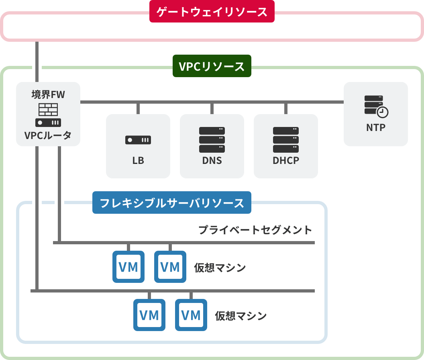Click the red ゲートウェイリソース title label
(212, 12)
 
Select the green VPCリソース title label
(212, 66)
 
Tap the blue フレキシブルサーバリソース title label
(171, 203)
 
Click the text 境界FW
(48, 94)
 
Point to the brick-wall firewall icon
(48, 109)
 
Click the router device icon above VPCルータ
(48, 123)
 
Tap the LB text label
(138, 161)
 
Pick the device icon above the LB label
(138, 140)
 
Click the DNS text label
(212, 161)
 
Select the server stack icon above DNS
(212, 140)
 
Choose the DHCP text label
(286, 161)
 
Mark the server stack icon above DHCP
(286, 140)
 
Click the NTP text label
(376, 128)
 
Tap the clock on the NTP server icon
(382, 112)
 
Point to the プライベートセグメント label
(255, 230)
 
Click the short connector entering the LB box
(138, 109)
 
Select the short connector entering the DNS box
(212, 109)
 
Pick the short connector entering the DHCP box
(286, 109)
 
